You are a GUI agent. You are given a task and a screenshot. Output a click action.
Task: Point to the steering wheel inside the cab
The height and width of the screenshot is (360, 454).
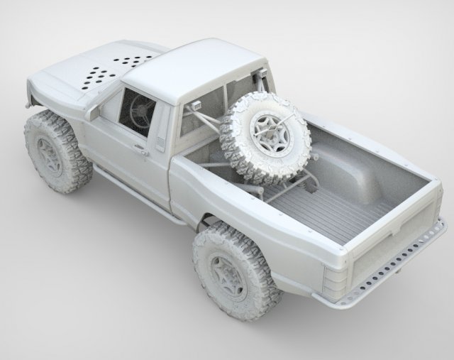[140, 110]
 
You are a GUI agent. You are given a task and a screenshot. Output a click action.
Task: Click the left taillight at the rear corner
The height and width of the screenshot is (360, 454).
[333, 280]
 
